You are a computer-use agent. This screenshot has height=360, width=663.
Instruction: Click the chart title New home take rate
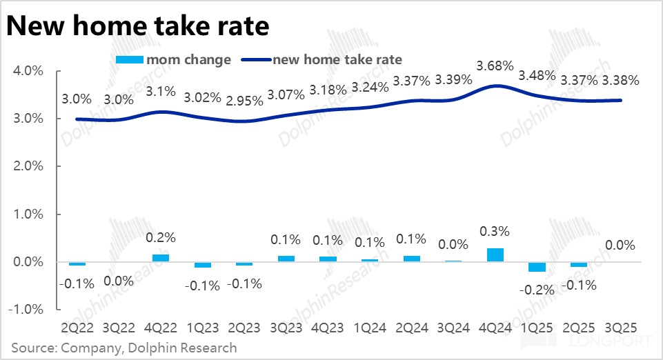[138, 26]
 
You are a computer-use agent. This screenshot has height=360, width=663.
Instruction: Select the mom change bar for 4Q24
[495, 254]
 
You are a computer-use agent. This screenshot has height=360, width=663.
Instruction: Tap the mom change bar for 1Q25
[537, 267]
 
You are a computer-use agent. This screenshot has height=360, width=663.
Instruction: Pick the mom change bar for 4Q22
[161, 258]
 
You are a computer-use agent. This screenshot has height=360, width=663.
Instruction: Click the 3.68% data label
[495, 66]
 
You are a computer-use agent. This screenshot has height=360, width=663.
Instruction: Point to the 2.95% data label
[245, 101]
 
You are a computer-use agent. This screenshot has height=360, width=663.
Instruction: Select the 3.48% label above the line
[537, 74]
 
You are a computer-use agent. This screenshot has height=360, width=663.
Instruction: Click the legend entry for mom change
[175, 59]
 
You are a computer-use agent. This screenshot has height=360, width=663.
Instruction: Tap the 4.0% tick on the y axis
[28, 72]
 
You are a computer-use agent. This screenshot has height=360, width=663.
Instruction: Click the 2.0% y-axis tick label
[28, 167]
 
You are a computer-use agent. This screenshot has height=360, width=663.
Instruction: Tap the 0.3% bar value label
[495, 230]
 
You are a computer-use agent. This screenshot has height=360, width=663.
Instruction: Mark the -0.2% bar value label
[537, 290]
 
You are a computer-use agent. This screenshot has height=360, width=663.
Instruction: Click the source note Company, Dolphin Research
[124, 348]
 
